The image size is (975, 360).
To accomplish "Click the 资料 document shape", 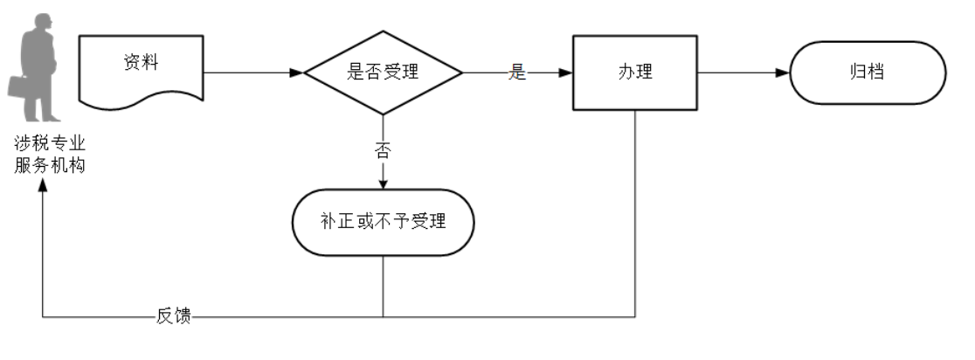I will click(x=141, y=70).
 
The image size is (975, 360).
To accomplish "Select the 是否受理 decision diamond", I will click(x=383, y=73).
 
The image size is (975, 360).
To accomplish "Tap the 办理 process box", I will click(x=634, y=73).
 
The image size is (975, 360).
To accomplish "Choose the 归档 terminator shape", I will click(x=867, y=73).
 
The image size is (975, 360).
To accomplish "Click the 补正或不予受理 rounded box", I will click(x=383, y=222).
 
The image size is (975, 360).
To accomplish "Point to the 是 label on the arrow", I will click(x=518, y=73).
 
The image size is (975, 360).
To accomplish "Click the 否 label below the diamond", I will click(x=383, y=149).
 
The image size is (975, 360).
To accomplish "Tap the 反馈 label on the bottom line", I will click(x=174, y=316).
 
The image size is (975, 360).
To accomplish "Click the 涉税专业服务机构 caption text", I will click(x=50, y=154).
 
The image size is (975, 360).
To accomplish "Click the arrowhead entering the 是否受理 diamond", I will click(x=296, y=73).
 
